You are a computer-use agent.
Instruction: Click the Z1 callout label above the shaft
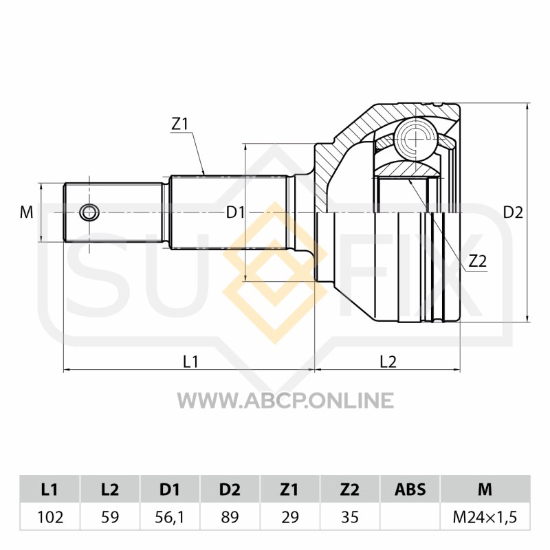pyautogui.click(x=179, y=124)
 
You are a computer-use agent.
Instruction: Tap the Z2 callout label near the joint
pyautogui.click(x=478, y=261)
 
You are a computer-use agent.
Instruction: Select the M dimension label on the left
pyautogui.click(x=26, y=212)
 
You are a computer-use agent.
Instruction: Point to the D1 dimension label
pyautogui.click(x=234, y=212)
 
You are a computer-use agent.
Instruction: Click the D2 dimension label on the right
pyautogui.click(x=513, y=212)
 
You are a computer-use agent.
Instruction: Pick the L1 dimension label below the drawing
pyautogui.click(x=191, y=362)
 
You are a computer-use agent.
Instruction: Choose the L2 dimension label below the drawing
pyautogui.click(x=388, y=362)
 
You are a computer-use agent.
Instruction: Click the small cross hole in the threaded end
pyautogui.click(x=89, y=212)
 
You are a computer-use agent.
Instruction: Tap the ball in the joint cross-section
pyautogui.click(x=416, y=140)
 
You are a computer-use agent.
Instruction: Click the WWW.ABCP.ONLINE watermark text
pyautogui.click(x=285, y=401)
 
